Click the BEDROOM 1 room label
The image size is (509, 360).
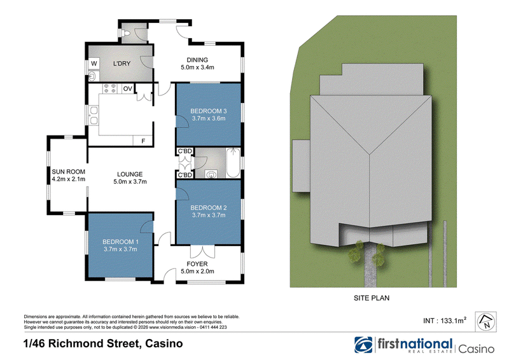[120, 242]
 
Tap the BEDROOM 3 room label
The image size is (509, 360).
[209, 111]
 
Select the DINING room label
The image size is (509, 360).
[197, 60]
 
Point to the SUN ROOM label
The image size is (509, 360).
[69, 172]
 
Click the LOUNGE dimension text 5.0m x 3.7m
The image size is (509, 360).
[130, 182]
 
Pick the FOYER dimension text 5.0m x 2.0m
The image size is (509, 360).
[197, 272]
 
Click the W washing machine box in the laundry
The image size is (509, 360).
[94, 64]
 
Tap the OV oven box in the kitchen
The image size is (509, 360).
[128, 88]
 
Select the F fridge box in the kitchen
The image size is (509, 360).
[143, 141]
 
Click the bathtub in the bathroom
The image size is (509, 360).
[233, 163]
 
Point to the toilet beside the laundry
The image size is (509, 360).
[125, 33]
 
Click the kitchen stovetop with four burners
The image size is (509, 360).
[109, 88]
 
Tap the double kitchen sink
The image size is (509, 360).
[94, 116]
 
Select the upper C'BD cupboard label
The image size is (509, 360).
[185, 151]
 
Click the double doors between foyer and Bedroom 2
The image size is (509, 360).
[202, 252]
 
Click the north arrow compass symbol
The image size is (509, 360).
[485, 322]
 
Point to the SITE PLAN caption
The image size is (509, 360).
[372, 298]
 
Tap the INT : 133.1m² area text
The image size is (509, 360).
[444, 321]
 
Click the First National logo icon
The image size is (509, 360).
[363, 345]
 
